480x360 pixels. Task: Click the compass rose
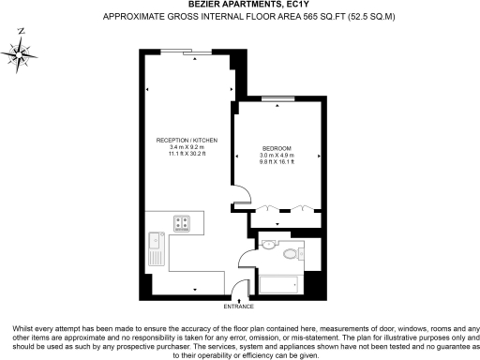[x=21, y=53]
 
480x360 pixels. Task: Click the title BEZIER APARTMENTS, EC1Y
[x=240, y=6]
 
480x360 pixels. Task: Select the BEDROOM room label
[x=277, y=149]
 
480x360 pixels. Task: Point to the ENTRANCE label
[x=239, y=306]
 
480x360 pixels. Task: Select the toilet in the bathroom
[x=291, y=253]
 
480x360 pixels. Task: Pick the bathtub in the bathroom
[x=278, y=282]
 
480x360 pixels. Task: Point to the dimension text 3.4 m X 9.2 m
[x=186, y=147]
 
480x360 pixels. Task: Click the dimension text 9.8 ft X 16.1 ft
[x=277, y=163]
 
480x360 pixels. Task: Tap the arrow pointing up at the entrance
[x=239, y=298]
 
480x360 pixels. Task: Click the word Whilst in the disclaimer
[x=22, y=327]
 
